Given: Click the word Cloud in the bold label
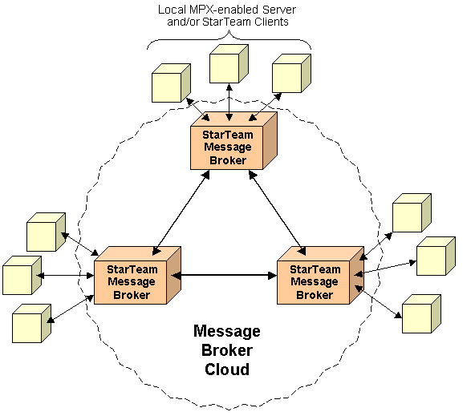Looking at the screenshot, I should point(226,370).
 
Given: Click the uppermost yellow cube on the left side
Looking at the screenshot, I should point(44,232).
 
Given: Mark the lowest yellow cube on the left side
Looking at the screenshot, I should point(30,324).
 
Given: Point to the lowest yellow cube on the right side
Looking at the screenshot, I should point(420,313).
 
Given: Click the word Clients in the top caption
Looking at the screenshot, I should point(270,22).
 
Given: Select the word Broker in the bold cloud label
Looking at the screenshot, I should point(227,350).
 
